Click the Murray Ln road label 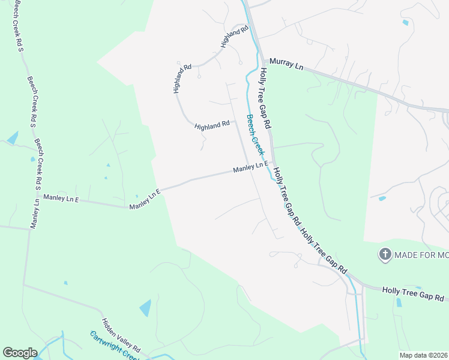(286, 63)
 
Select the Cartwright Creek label (113, 345)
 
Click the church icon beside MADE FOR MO (384, 254)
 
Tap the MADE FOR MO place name (421, 255)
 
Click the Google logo (20, 353)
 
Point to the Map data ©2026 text (424, 355)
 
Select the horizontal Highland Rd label (212, 125)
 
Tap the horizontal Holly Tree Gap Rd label (413, 293)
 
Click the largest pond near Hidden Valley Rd (146, 308)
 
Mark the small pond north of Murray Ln (406, 23)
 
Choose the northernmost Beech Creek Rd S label (18, 28)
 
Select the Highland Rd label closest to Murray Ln (234, 37)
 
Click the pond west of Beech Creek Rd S (13, 138)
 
